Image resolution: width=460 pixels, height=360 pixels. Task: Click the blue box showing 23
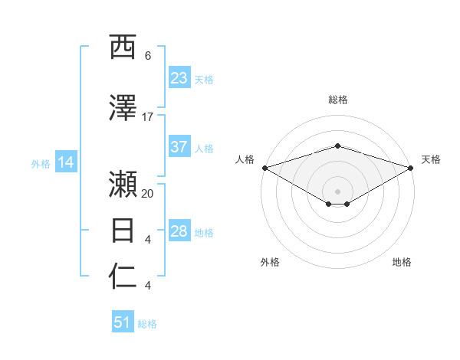[179, 78]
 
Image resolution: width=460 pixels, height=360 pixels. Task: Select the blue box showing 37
[179, 147]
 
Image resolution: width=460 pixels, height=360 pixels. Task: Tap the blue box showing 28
[179, 231]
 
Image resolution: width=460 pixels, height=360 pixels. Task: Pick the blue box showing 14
[66, 162]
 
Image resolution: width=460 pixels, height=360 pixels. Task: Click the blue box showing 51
[123, 322]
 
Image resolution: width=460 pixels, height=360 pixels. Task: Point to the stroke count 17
[148, 117]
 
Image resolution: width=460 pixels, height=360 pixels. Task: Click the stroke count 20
[148, 194]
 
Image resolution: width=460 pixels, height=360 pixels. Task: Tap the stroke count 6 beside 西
[148, 56]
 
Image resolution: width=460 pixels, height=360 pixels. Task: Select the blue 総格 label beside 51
[147, 324]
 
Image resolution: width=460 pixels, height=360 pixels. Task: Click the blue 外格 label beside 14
[41, 163]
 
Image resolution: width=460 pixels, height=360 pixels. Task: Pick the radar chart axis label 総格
[337, 100]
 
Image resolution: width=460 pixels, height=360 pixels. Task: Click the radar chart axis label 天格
[431, 159]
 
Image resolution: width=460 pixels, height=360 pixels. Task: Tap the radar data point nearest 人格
[264, 168]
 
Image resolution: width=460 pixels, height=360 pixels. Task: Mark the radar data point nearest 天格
[411, 168]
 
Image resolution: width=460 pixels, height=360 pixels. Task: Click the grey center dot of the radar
[337, 191]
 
